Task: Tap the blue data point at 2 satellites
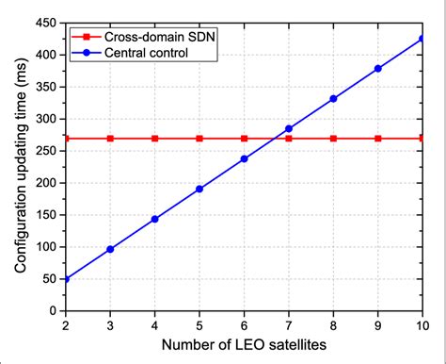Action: pos(66,279)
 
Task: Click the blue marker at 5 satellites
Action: pos(199,189)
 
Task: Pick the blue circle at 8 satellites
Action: pos(333,98)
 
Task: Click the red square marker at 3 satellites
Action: pos(110,139)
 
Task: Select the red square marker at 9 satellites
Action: pos(378,139)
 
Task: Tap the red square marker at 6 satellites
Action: pos(245,139)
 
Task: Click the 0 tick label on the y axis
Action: pos(53,310)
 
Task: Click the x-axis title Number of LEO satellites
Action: pos(244,345)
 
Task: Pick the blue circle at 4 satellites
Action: pos(155,219)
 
